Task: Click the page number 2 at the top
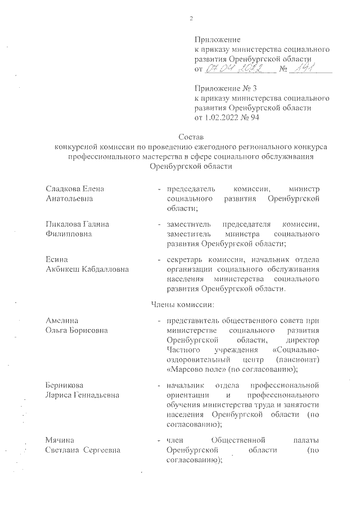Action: [x=191, y=19]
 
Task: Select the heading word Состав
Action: [x=191, y=137]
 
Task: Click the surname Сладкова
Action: [x=66, y=188]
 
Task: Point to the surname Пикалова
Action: [x=66, y=224]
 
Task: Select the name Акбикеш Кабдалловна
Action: [x=87, y=269]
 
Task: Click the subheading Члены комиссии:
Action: [x=179, y=304]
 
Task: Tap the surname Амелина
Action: [x=62, y=320]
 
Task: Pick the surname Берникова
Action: [x=65, y=385]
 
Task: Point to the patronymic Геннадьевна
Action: [x=99, y=395]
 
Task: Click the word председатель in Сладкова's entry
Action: [x=191, y=188]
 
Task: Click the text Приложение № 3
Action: [x=225, y=89]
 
